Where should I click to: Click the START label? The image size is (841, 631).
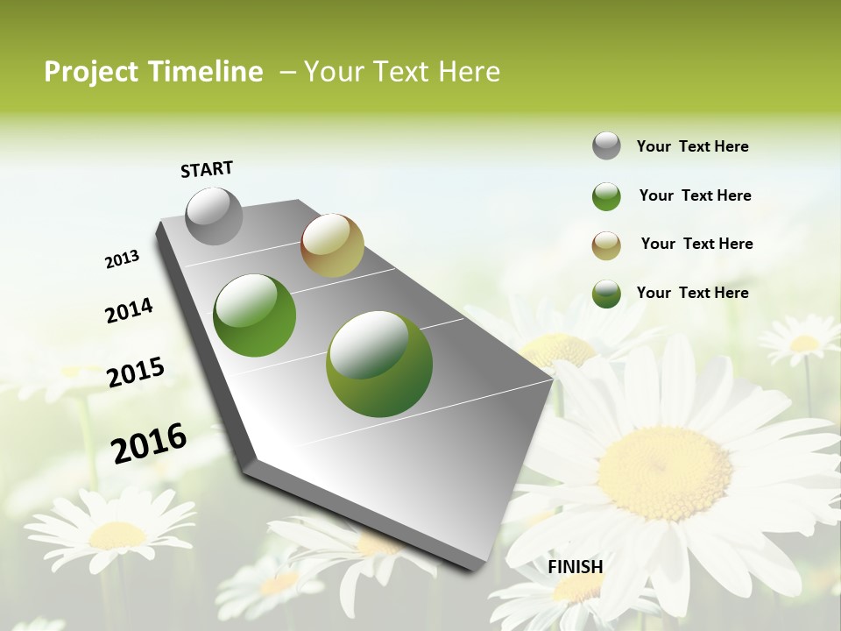tap(207, 169)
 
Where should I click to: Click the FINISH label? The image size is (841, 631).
tap(576, 567)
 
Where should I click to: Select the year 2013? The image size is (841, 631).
tap(122, 259)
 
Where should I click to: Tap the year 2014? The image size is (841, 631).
tap(129, 310)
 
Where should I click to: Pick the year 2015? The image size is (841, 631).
tap(136, 372)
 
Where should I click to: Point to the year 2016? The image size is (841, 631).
tap(149, 443)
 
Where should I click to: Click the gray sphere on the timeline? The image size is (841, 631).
tap(215, 216)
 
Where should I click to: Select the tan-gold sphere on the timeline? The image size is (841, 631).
tap(332, 245)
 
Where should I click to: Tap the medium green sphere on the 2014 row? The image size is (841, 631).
tap(255, 315)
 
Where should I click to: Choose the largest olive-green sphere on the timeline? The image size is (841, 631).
tap(379, 363)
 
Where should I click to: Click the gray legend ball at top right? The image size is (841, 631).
tap(606, 145)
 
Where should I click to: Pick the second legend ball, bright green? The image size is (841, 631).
tap(606, 196)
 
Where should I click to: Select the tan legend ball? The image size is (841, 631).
tap(606, 245)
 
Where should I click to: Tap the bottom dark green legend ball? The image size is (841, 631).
tap(606, 294)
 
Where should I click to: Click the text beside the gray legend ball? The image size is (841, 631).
tap(692, 146)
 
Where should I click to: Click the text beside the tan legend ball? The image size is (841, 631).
tap(696, 244)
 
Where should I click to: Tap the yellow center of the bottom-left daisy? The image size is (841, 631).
tap(116, 535)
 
